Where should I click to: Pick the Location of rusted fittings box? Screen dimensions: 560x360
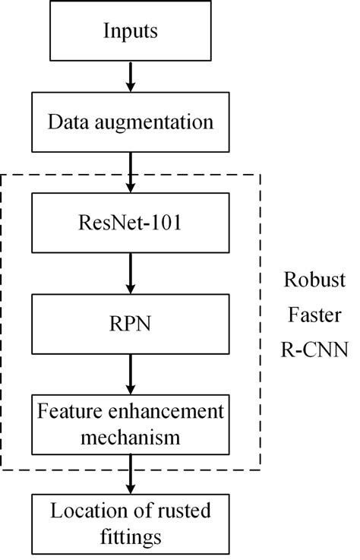pos(131,523)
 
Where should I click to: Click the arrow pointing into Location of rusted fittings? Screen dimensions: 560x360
pos(131,475)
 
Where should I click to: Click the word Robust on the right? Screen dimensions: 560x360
pos(315,280)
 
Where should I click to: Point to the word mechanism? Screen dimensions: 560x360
pos(131,438)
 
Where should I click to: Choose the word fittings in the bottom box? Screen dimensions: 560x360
pos(131,536)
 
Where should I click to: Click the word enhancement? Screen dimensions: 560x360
pos(167,412)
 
